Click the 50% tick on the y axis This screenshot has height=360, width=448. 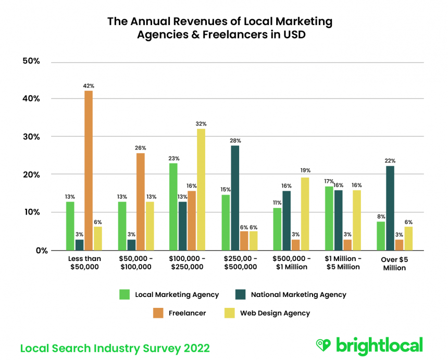point(31,61)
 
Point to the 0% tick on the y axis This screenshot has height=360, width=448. point(33,251)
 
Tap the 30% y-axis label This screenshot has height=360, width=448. point(31,137)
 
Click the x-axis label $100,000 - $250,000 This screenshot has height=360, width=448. point(188,263)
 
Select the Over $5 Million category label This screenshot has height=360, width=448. point(390,263)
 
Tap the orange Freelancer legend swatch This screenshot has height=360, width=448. point(159,313)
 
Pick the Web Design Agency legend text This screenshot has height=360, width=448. point(275,313)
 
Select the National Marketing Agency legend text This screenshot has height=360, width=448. point(298,294)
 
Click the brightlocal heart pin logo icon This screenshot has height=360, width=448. point(323,345)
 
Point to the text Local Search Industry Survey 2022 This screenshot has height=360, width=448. point(115,347)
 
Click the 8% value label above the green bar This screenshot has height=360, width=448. point(381,216)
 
